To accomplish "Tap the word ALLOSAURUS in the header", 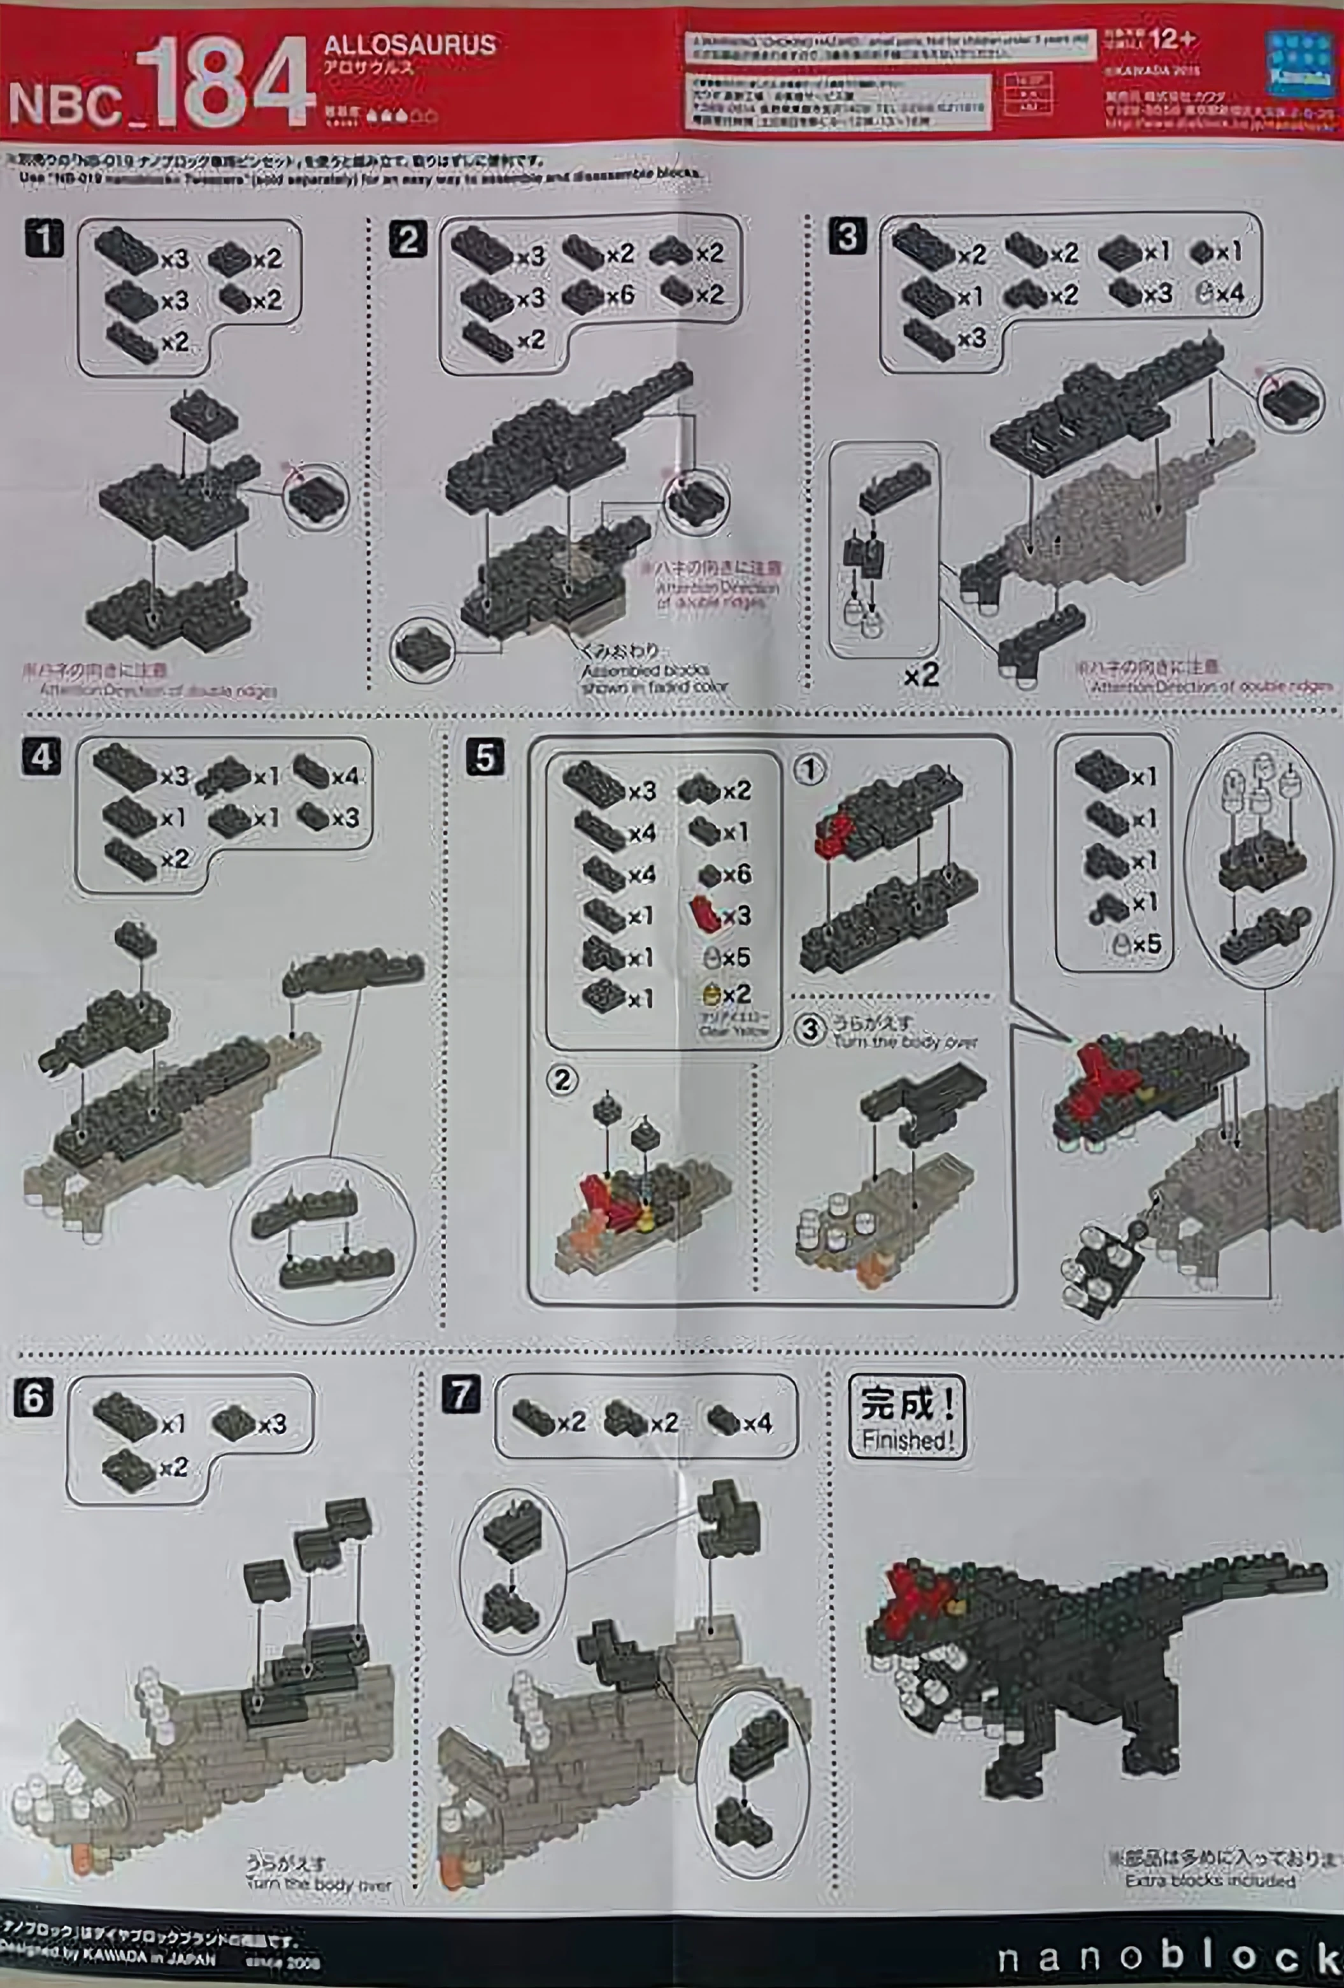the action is pyautogui.click(x=410, y=45).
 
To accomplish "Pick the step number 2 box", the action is pyautogui.click(x=407, y=239).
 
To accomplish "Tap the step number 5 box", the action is pyautogui.click(x=485, y=758).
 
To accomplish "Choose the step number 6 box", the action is pyautogui.click(x=33, y=1397).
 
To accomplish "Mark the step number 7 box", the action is pyautogui.click(x=461, y=1395).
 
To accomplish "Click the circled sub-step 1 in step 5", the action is pyautogui.click(x=810, y=770).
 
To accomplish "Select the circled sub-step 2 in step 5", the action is pyautogui.click(x=562, y=1081).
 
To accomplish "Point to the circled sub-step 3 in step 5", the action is pyautogui.click(x=810, y=1029).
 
